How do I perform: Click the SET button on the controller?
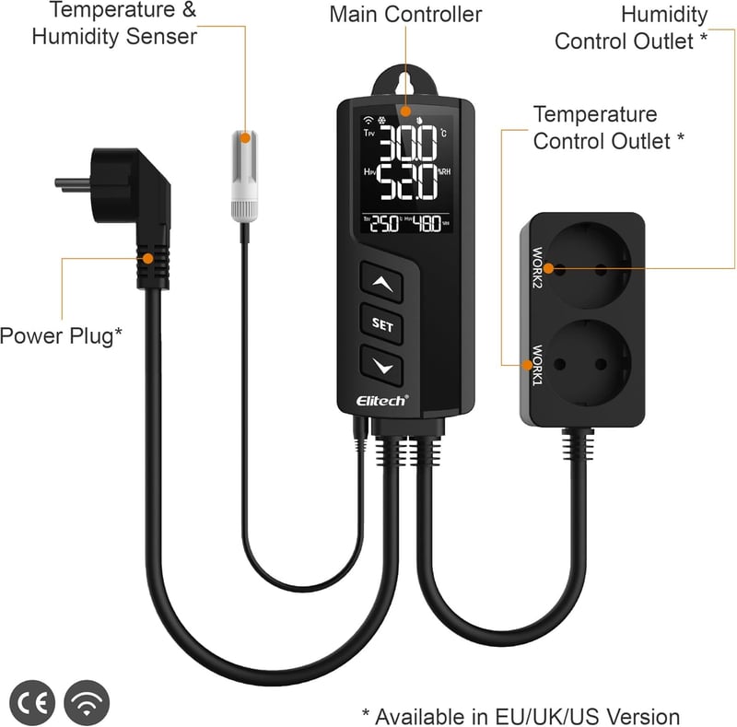(381, 324)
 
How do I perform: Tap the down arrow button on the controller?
(381, 366)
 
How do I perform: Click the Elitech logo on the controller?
(382, 400)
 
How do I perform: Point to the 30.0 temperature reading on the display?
(408, 143)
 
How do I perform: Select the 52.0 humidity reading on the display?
(407, 182)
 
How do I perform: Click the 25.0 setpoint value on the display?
(384, 224)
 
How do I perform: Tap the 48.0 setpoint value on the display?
(427, 224)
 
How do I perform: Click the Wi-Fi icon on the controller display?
(368, 121)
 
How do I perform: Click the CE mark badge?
(32, 702)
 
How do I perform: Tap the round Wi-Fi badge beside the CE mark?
(87, 702)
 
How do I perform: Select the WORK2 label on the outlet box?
(537, 267)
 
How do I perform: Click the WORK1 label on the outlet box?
(537, 365)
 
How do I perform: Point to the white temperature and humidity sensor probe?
(244, 176)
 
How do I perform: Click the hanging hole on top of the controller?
(404, 84)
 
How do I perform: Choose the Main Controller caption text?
(405, 14)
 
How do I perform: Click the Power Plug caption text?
(61, 335)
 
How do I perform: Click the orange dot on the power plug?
(148, 259)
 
